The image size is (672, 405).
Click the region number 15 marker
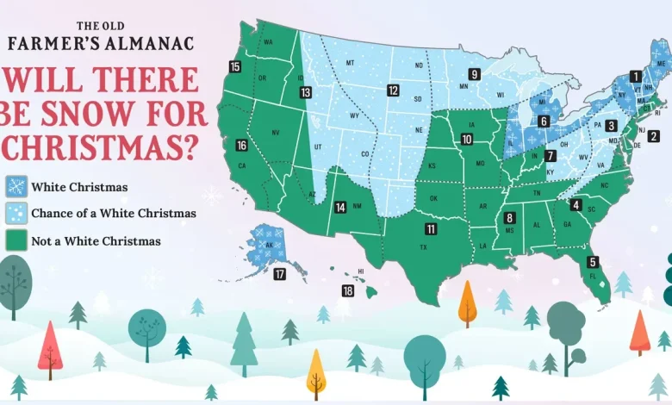(x=235, y=66)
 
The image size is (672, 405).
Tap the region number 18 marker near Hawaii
(x=347, y=290)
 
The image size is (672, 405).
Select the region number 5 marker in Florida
(x=593, y=262)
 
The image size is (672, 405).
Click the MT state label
(x=350, y=63)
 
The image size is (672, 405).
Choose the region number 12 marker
(x=393, y=90)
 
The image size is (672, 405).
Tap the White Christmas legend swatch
(x=16, y=186)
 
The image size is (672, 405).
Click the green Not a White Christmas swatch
(x=16, y=241)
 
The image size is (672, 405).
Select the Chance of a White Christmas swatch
(x=16, y=214)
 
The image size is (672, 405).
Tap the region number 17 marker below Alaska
(x=279, y=275)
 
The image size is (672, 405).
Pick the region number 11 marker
(x=430, y=228)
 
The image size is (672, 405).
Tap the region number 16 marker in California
(x=241, y=146)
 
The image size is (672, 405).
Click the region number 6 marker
(x=544, y=121)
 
